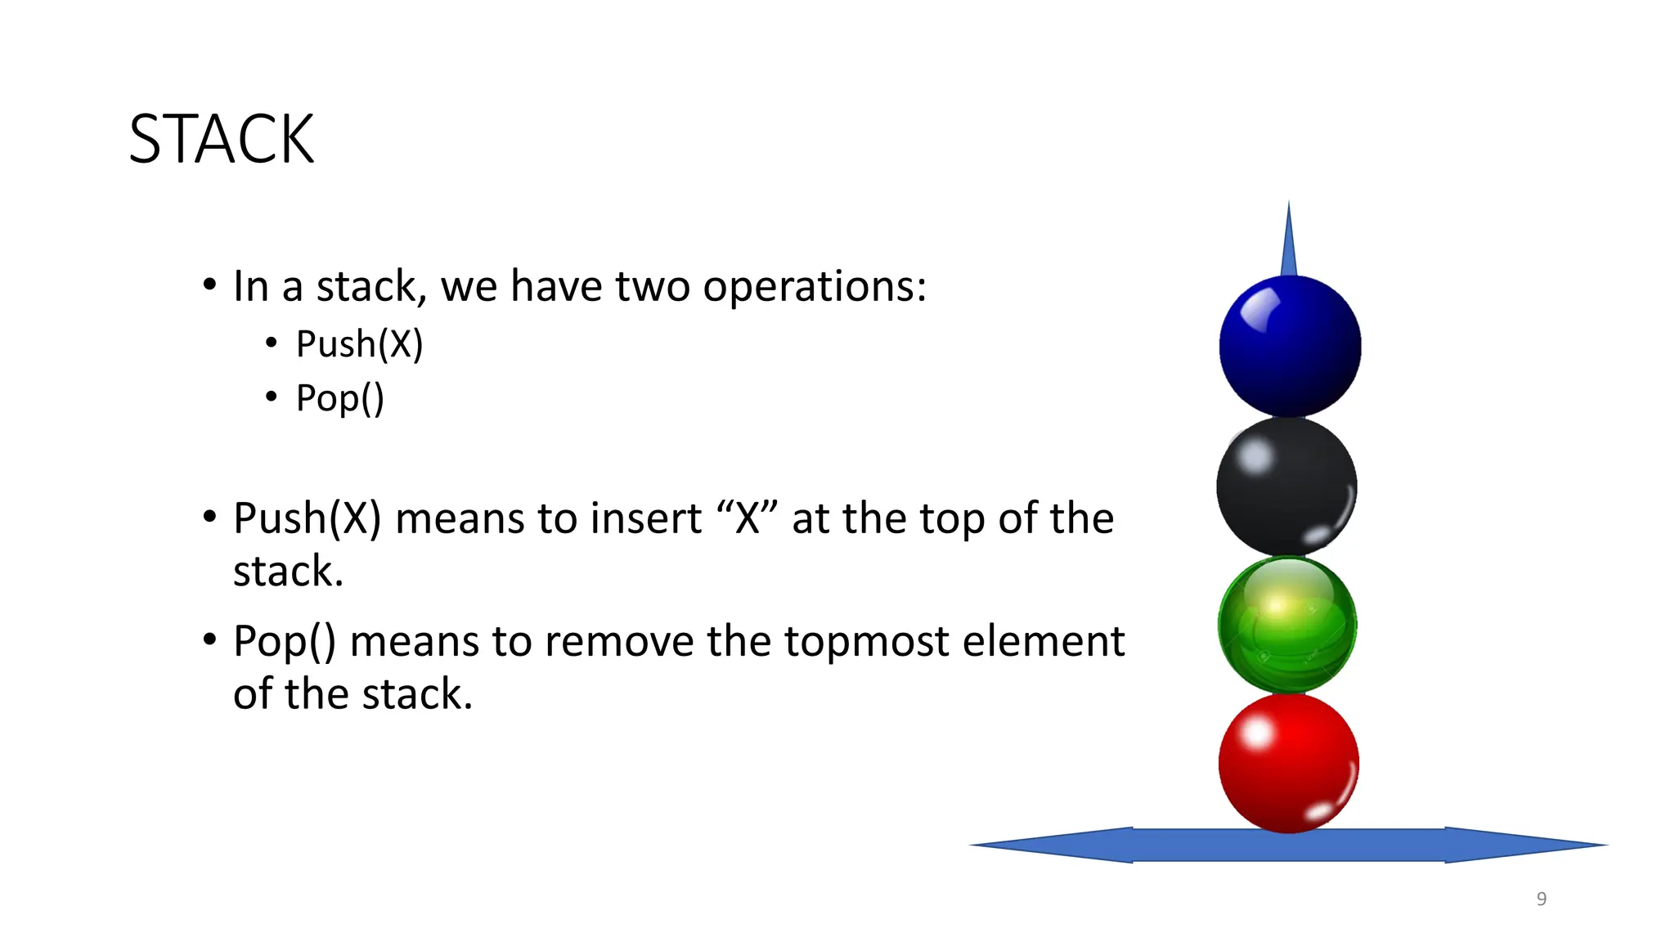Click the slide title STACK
coord(222,139)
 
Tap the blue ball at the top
coord(1290,347)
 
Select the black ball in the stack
coord(1287,487)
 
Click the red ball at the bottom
coord(1289,763)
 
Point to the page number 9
coord(1541,899)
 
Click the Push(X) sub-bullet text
coord(359,344)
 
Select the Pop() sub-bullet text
coord(339,399)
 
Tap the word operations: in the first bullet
coord(815,287)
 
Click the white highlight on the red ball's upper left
coord(1257,733)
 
